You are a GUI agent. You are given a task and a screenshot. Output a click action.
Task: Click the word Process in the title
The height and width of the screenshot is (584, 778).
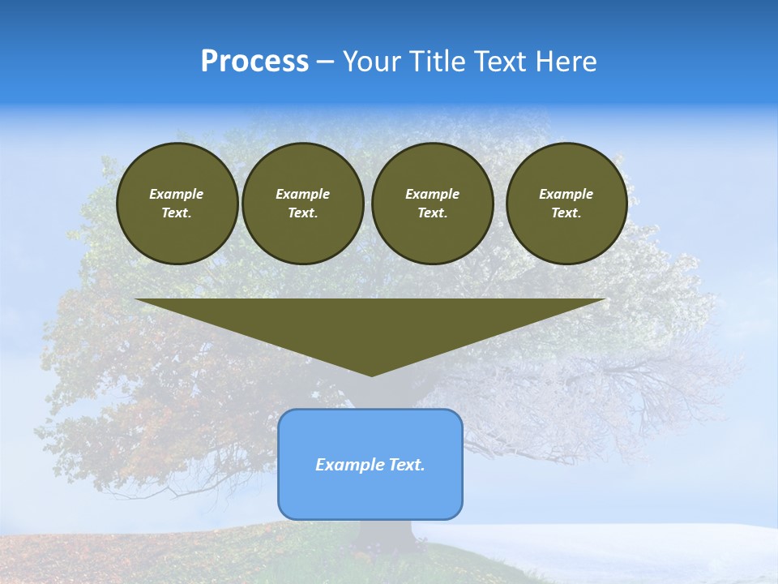[254, 62]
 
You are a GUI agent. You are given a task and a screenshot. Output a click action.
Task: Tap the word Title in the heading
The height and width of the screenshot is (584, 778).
[438, 62]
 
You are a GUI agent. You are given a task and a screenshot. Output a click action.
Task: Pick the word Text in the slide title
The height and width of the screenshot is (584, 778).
[500, 62]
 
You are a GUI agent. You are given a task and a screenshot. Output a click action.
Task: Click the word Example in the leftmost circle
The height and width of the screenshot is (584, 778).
[177, 194]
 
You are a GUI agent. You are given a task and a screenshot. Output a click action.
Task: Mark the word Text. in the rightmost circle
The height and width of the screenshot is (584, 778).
[566, 213]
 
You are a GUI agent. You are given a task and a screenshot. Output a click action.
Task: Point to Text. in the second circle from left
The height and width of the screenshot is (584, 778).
[302, 213]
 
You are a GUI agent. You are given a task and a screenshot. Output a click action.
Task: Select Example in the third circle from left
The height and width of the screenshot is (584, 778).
[432, 194]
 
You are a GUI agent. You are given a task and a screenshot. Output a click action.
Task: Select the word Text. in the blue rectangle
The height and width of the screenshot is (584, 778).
[405, 465]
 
